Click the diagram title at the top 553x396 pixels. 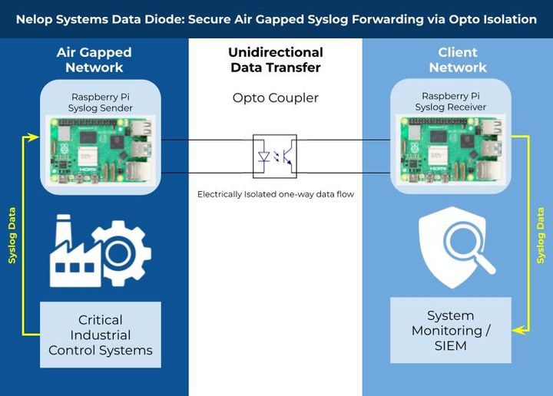point(276,19)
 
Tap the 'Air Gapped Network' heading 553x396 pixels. point(94,60)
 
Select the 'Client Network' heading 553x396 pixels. point(458,60)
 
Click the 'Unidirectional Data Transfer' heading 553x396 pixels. point(275,60)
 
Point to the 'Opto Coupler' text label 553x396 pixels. point(275,98)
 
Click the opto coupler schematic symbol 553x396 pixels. point(275,157)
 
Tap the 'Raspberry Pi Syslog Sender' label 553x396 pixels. point(101,102)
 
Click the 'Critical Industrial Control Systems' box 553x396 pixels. point(101,335)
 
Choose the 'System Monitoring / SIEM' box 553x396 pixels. point(451,330)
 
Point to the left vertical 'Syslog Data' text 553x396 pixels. point(12,234)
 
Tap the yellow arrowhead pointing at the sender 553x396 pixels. point(33,137)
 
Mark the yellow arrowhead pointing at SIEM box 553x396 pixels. point(518,330)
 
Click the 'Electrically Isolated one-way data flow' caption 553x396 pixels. point(275,195)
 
